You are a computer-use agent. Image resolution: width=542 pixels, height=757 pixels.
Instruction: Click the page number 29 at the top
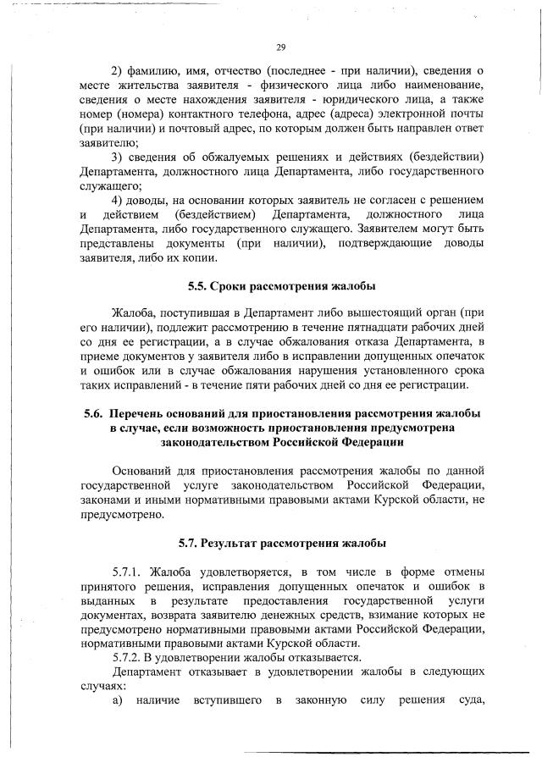click(x=280, y=47)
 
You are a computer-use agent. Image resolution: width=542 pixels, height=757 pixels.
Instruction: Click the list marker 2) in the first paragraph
click(x=119, y=69)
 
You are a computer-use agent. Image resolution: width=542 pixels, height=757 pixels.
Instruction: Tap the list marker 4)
click(x=119, y=199)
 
